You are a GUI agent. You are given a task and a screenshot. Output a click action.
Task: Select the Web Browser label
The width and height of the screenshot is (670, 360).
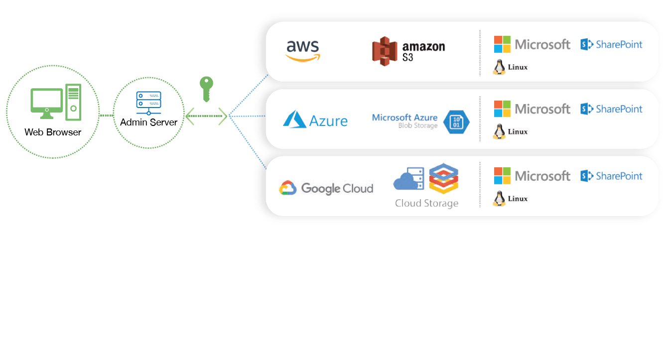(x=53, y=132)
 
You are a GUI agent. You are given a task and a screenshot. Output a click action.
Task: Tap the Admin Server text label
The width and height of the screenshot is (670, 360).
(x=148, y=122)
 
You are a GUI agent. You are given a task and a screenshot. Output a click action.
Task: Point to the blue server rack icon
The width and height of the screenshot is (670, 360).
(x=148, y=103)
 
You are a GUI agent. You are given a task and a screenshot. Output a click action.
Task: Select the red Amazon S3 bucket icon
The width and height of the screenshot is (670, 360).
(x=384, y=51)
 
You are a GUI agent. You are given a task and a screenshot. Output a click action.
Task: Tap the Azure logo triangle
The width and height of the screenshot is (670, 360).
(x=294, y=120)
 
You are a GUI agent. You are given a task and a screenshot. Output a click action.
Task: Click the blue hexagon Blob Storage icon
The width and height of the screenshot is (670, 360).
(x=456, y=122)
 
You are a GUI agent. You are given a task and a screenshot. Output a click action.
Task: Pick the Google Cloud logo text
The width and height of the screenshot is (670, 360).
(x=337, y=189)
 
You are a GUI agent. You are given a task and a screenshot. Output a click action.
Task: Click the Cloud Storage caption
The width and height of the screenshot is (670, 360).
(x=426, y=203)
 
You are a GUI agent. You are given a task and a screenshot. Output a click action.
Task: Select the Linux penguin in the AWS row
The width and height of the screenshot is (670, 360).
(x=499, y=67)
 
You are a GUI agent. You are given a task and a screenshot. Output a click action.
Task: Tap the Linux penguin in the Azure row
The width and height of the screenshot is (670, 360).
(x=499, y=132)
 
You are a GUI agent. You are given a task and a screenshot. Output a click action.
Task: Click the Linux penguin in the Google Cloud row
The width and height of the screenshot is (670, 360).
(x=499, y=199)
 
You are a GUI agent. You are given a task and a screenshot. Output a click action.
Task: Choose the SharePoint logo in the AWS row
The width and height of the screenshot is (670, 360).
(x=611, y=44)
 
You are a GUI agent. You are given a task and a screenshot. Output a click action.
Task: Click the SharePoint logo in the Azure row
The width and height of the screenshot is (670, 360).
(x=611, y=109)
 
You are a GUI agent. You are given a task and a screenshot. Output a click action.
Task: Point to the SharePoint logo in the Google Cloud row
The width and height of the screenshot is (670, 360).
(x=611, y=176)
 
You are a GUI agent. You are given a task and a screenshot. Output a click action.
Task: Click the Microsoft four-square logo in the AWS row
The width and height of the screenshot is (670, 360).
(x=502, y=44)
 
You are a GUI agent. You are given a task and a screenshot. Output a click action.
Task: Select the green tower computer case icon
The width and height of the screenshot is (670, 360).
(x=73, y=103)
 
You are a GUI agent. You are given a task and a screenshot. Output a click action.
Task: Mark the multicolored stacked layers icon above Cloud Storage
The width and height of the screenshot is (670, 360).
(x=443, y=178)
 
